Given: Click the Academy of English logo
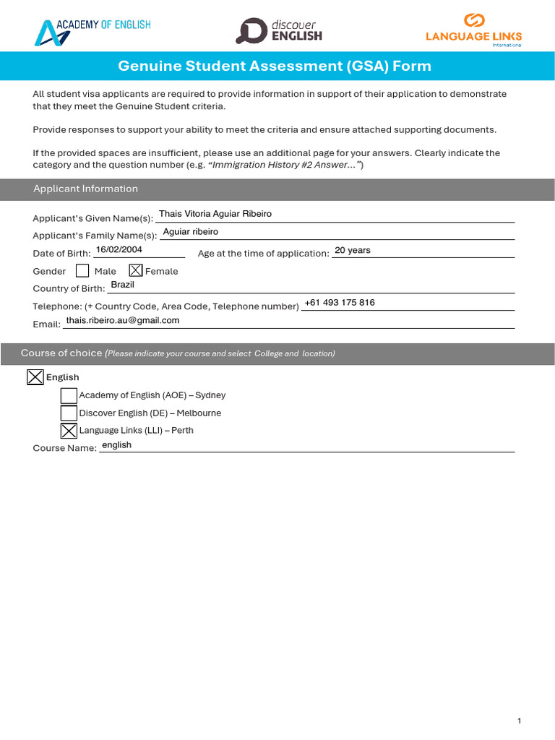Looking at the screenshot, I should click(92, 31).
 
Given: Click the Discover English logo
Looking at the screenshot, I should click(278, 30).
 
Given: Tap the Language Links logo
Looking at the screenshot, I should click(473, 30).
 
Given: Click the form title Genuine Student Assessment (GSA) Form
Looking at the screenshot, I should click(275, 66).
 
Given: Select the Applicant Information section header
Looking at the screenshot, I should click(85, 189).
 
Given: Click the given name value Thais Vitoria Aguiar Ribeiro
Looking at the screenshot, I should click(215, 214).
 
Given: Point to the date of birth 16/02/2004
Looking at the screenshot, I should click(119, 249).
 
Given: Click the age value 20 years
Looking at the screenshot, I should click(353, 250).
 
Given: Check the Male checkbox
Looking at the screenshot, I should click(82, 271).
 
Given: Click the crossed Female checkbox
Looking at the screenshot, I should click(135, 271).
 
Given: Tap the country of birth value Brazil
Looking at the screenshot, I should click(123, 285).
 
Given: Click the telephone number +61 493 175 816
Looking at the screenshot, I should click(340, 303).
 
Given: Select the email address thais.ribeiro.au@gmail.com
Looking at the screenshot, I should click(123, 320).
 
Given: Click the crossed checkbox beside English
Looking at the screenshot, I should click(35, 377).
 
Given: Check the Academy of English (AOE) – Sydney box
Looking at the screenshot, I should click(69, 395).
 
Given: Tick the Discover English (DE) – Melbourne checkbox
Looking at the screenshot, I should click(69, 413).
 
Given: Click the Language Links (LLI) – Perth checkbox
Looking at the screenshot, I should click(69, 431).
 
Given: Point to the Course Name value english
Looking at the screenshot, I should click(117, 445).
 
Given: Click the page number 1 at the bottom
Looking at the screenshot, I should click(519, 720).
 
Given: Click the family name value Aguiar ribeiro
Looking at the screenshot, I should click(191, 232).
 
